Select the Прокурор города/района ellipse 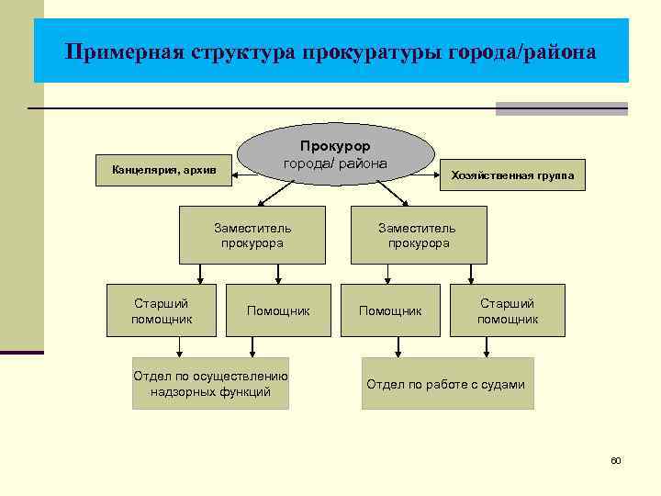pyautogui.click(x=335, y=154)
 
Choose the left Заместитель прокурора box pyautogui.click(x=252, y=235)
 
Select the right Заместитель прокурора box pyautogui.click(x=418, y=235)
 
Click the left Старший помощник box pyautogui.click(x=162, y=310)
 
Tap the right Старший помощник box pyautogui.click(x=508, y=310)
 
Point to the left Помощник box pyautogui.click(x=278, y=311)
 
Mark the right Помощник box pyautogui.click(x=390, y=311)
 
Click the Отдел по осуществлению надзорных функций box pyautogui.click(x=210, y=383)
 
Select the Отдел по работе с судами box pyautogui.click(x=447, y=383)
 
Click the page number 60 pyautogui.click(x=616, y=459)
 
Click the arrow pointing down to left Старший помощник pyautogui.click(x=201, y=274)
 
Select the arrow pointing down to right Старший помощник pyautogui.click(x=470, y=274)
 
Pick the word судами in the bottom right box pyautogui.click(x=504, y=384)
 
